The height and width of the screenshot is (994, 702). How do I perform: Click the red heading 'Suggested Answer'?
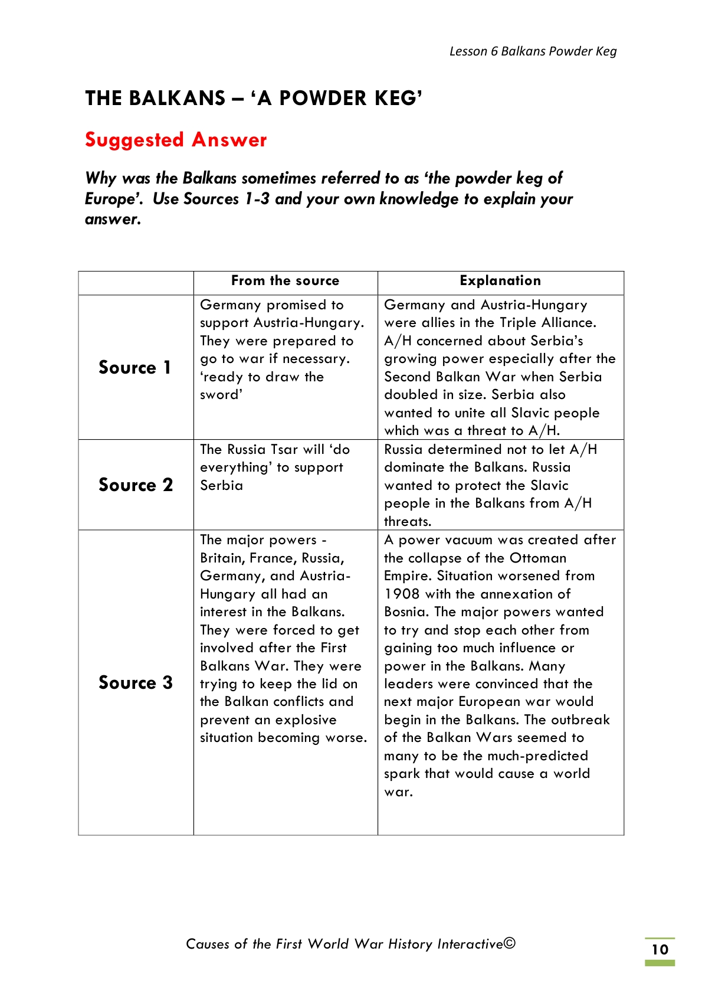tap(176, 140)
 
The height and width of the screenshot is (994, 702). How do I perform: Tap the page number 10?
tap(660, 949)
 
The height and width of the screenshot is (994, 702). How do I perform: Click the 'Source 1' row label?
tap(135, 367)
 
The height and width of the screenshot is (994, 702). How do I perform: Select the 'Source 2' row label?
tap(136, 485)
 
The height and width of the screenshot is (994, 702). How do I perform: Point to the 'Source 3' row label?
tap(136, 682)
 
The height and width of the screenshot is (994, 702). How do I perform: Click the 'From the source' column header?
tap(285, 281)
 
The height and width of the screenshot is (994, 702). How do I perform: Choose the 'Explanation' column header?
tap(500, 281)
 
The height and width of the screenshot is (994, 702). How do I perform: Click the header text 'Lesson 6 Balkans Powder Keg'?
tap(533, 51)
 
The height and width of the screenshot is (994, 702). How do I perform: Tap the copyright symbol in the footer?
tap(510, 943)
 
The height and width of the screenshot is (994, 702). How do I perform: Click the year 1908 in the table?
tap(402, 594)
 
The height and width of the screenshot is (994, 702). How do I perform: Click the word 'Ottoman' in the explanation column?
tap(537, 558)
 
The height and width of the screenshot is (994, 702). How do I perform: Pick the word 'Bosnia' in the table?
tap(405, 612)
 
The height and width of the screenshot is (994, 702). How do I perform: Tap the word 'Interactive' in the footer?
tap(470, 944)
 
